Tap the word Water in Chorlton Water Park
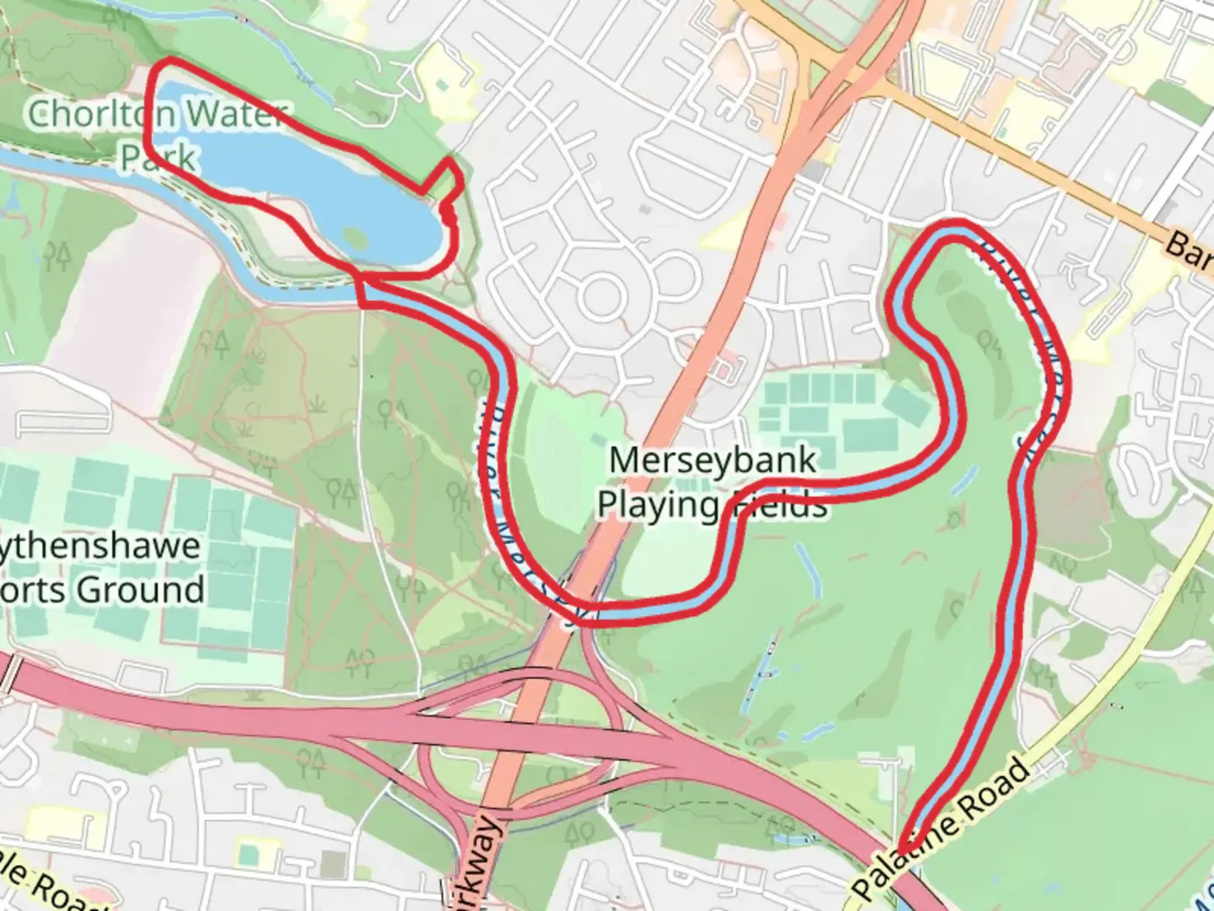click(235, 114)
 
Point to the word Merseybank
click(712, 461)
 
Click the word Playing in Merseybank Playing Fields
click(658, 504)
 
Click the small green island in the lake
click(355, 238)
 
